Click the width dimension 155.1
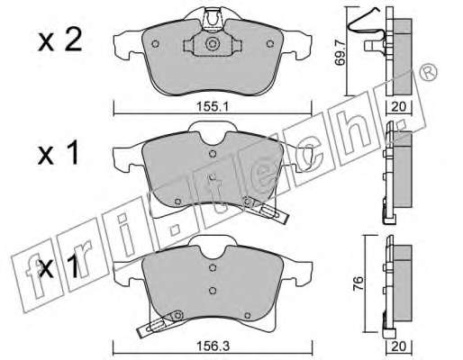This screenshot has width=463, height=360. (x=213, y=106)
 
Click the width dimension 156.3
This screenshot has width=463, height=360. (x=213, y=346)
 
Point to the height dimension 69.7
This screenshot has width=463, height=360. (x=340, y=54)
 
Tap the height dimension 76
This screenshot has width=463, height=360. (x=358, y=283)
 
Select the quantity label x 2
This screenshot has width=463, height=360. (x=59, y=41)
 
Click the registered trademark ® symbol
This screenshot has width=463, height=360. (x=429, y=72)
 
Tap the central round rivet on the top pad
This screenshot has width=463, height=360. (x=213, y=44)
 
